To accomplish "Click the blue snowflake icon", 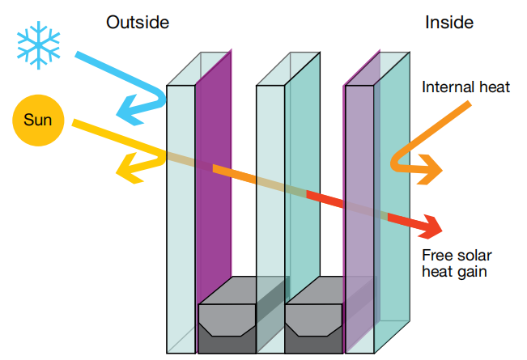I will pyautogui.click(x=38, y=44).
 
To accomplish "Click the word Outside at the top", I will pyautogui.click(x=138, y=22).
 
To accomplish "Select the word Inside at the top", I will pyautogui.click(x=448, y=22).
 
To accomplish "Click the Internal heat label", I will pyautogui.click(x=465, y=87).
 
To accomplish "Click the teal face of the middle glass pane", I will pyautogui.click(x=302, y=146).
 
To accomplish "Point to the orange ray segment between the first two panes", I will pyautogui.click(x=234, y=175).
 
